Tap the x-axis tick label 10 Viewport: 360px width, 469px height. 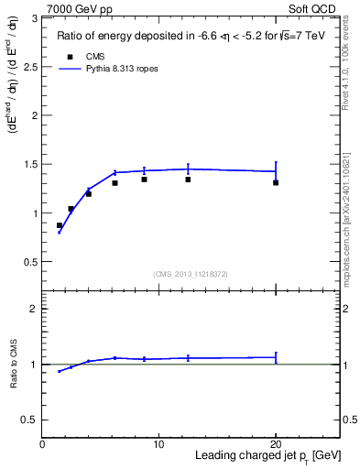coord(158,444)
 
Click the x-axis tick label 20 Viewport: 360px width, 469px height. coord(276,444)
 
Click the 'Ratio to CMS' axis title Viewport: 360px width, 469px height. coord(14,364)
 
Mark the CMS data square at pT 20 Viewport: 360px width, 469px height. coord(276,182)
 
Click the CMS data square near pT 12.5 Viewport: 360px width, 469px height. coord(188,180)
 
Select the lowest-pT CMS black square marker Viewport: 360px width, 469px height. coord(60,225)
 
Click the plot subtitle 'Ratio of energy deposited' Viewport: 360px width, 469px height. coord(183,38)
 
